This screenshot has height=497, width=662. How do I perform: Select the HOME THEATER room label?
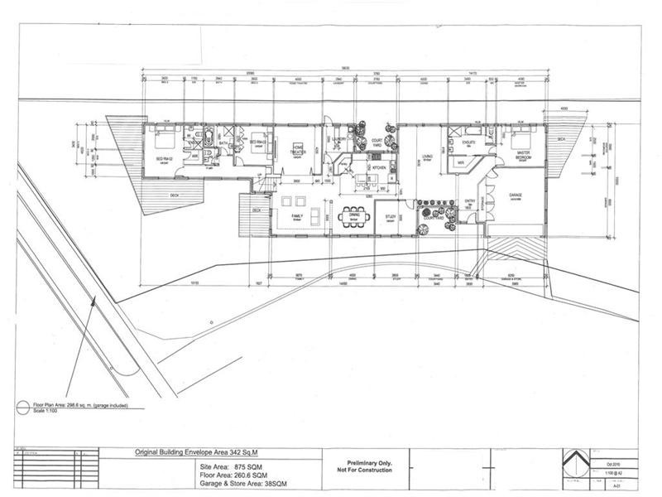coord(299,149)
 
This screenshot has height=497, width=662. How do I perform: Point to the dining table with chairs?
coord(355,212)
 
